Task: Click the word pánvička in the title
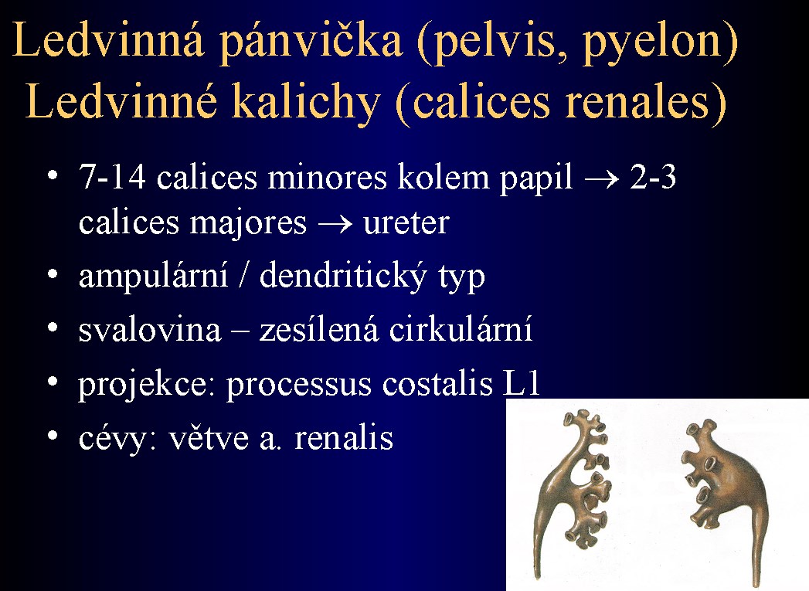[x=311, y=42]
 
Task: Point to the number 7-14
[x=112, y=177]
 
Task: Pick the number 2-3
[x=653, y=177]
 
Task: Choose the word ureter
[x=406, y=223]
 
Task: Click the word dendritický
[x=343, y=277]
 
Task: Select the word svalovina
[x=150, y=330]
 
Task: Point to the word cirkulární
[x=461, y=330]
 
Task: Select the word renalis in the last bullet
[x=344, y=438]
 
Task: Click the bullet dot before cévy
[x=52, y=436]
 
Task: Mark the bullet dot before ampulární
[x=52, y=274]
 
